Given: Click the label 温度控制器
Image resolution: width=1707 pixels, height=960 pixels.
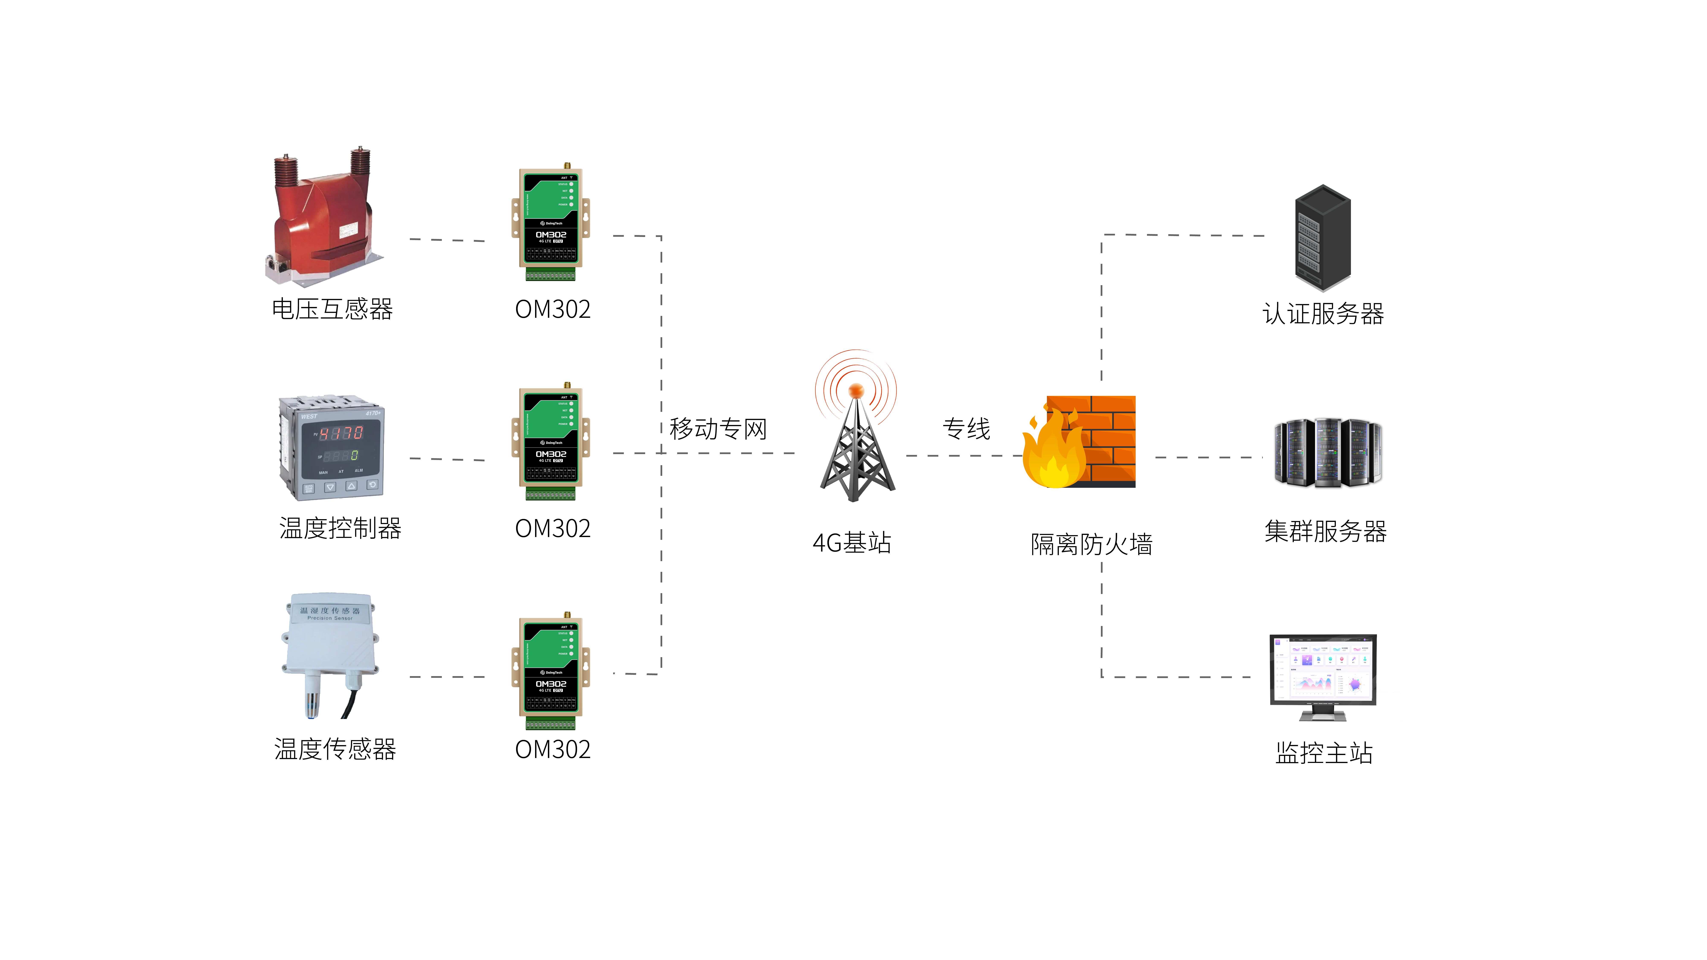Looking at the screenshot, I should pos(340,528).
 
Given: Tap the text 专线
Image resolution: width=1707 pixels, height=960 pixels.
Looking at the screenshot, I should pos(966,429).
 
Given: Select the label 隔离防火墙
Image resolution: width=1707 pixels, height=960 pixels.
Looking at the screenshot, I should pos(1091,544).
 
